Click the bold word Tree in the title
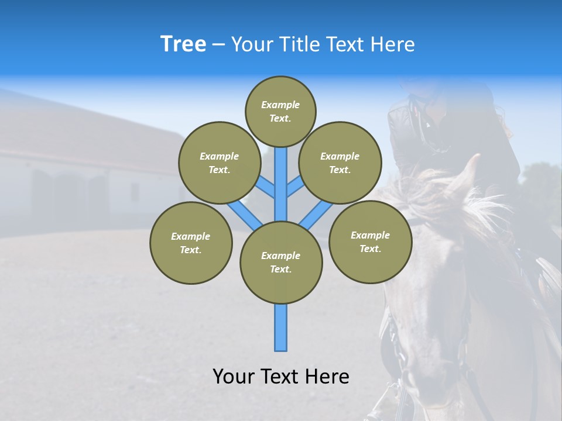point(183,44)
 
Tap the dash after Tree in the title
point(219,45)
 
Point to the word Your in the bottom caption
point(234,377)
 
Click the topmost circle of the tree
point(280,111)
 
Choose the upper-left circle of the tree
point(219,163)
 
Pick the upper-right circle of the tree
point(340,163)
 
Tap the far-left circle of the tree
point(191,243)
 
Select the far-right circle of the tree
point(370,241)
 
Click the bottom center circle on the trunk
point(281,262)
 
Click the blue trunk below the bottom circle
point(281,327)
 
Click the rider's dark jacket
point(410,134)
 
